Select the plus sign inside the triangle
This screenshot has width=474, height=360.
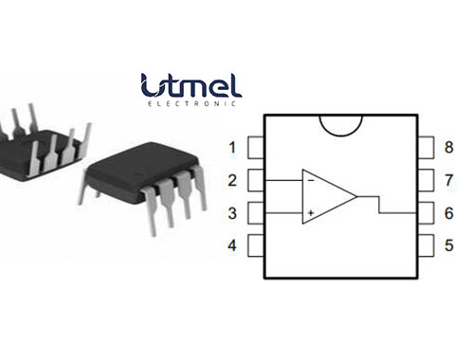[310, 215]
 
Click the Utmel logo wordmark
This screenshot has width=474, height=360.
[190, 85]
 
